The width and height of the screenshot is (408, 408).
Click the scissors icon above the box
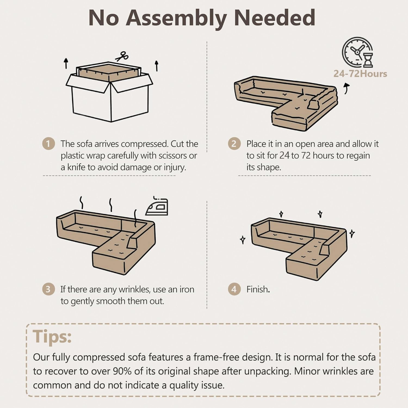(x=122, y=57)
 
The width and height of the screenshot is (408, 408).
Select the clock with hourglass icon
(x=357, y=52)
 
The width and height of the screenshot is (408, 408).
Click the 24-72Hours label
(x=360, y=74)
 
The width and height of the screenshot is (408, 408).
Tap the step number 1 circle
(x=48, y=143)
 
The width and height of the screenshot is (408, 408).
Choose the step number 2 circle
(x=234, y=143)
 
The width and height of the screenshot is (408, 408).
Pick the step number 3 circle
(x=48, y=289)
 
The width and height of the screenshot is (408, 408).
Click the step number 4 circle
(x=234, y=289)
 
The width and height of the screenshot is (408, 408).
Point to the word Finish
(x=258, y=289)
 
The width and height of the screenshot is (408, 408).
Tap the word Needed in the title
(x=274, y=18)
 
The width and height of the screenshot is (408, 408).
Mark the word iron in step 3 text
(x=187, y=289)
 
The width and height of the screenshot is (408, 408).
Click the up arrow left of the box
(x=66, y=63)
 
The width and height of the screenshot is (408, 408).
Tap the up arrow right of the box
(x=156, y=66)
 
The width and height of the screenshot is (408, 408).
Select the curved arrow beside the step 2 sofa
(x=347, y=89)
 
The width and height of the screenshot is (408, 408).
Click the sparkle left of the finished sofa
(x=242, y=240)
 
